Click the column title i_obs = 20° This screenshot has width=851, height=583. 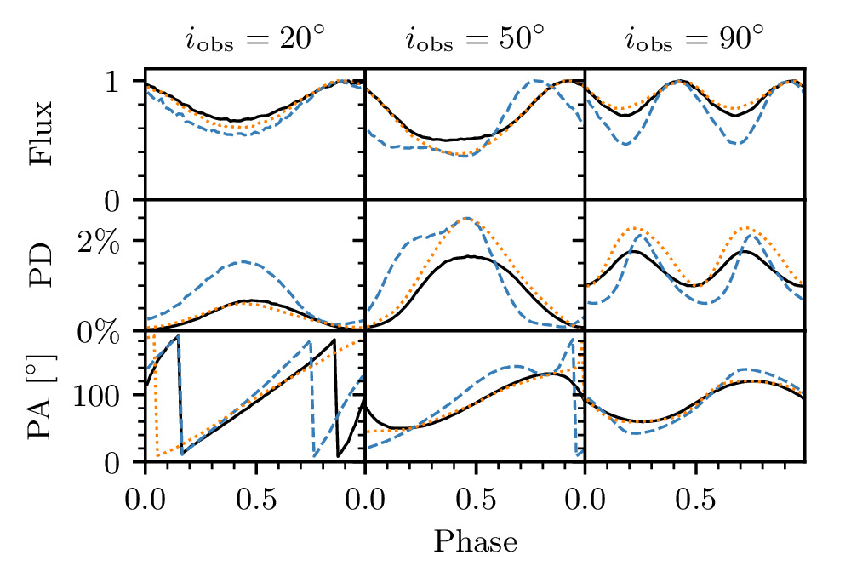(254, 39)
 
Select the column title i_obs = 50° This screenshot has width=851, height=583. (475, 39)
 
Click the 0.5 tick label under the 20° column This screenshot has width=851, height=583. (255, 494)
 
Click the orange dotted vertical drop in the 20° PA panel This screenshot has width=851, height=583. (158, 400)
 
